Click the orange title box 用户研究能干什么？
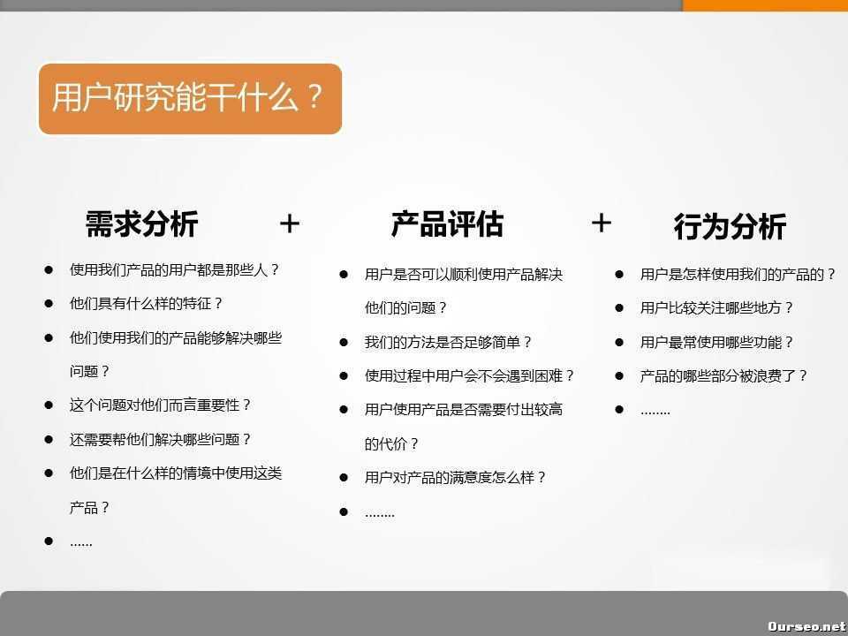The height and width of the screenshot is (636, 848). pyautogui.click(x=189, y=98)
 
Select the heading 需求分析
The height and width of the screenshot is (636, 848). pyautogui.click(x=141, y=223)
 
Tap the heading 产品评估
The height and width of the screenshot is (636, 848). pyautogui.click(x=447, y=223)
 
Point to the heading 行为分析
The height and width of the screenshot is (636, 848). pyautogui.click(x=730, y=227)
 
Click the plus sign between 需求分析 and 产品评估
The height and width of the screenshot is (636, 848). pyautogui.click(x=290, y=223)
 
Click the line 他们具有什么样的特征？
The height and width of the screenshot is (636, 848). pyautogui.click(x=147, y=303)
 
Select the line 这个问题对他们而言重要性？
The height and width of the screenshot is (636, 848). pyautogui.click(x=161, y=405)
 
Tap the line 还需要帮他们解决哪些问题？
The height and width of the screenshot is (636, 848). pyautogui.click(x=161, y=439)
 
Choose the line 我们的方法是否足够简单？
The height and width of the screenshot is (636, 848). pyautogui.click(x=449, y=342)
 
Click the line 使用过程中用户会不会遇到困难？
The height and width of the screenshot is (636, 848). pyautogui.click(x=470, y=375)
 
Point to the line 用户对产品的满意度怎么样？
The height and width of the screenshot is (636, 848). pyautogui.click(x=456, y=477)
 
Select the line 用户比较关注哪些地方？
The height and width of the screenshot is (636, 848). pyautogui.click(x=717, y=307)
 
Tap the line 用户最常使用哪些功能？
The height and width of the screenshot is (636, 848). pyautogui.click(x=717, y=342)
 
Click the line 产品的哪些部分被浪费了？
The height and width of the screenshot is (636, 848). pyautogui.click(x=724, y=375)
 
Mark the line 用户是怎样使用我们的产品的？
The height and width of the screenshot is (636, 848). pyautogui.click(x=738, y=274)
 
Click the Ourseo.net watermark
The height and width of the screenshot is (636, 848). pyautogui.click(x=806, y=625)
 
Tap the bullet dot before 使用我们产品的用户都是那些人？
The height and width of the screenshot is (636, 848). pyautogui.click(x=49, y=269)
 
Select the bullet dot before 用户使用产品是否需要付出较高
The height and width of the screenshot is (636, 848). pyautogui.click(x=344, y=409)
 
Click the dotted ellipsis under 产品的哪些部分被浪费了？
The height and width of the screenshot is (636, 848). pyautogui.click(x=655, y=411)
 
